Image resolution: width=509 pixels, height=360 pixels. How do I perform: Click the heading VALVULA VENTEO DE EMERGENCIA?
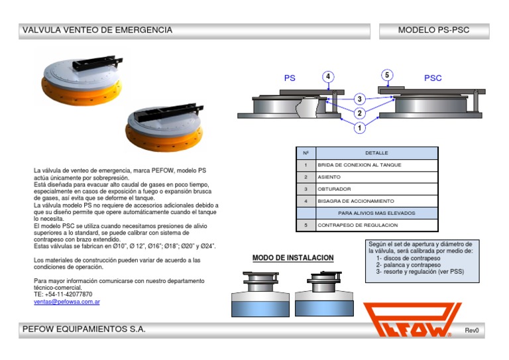tap(97, 30)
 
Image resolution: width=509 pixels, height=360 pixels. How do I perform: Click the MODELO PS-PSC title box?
tap(433, 30)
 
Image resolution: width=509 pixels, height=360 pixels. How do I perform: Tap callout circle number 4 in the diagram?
tap(328, 76)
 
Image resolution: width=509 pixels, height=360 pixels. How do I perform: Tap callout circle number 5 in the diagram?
tap(387, 75)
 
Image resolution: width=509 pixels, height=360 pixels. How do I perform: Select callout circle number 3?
tap(359, 99)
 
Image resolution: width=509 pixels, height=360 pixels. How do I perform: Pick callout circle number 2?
tap(359, 113)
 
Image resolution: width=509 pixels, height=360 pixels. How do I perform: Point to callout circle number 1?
tap(359, 127)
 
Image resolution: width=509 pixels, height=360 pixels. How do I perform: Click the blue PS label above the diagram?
tap(290, 78)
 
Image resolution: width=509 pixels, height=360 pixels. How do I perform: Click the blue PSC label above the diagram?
tap(433, 78)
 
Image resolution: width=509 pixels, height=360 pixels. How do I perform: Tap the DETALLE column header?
tap(376, 152)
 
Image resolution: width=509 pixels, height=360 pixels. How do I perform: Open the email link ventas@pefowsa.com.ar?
tap(66, 302)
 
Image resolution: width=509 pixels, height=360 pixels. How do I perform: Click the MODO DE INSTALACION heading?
tap(293, 258)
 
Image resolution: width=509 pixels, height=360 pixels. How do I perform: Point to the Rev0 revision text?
tap(471, 330)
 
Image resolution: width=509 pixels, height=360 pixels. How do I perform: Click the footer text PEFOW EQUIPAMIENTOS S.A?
tap(84, 330)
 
